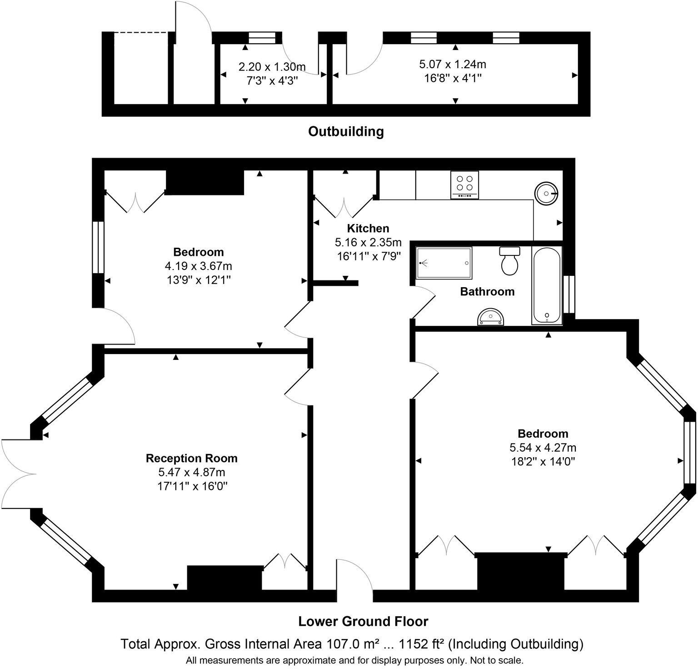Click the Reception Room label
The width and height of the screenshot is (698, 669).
(x=191, y=458)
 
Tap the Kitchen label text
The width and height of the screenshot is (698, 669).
(x=368, y=228)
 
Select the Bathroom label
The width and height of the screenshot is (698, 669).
(x=487, y=291)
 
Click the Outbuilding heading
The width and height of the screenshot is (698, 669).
(x=346, y=131)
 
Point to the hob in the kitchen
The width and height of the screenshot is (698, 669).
(x=464, y=185)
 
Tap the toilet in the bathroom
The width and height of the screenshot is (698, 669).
(x=510, y=261)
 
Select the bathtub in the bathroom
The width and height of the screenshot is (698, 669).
(x=547, y=285)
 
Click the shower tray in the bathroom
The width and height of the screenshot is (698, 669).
(x=444, y=263)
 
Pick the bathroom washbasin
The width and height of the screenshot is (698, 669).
(x=491, y=317)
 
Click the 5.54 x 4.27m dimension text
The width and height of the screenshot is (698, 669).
(x=543, y=448)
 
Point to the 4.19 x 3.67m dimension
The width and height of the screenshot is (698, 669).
(x=199, y=266)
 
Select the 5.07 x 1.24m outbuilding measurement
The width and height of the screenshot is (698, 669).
(x=452, y=65)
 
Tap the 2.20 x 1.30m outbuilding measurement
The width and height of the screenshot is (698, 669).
(x=272, y=67)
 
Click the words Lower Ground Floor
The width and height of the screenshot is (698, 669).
(x=363, y=621)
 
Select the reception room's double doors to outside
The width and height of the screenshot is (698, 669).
(x=18, y=474)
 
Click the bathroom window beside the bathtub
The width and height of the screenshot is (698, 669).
(x=568, y=295)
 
